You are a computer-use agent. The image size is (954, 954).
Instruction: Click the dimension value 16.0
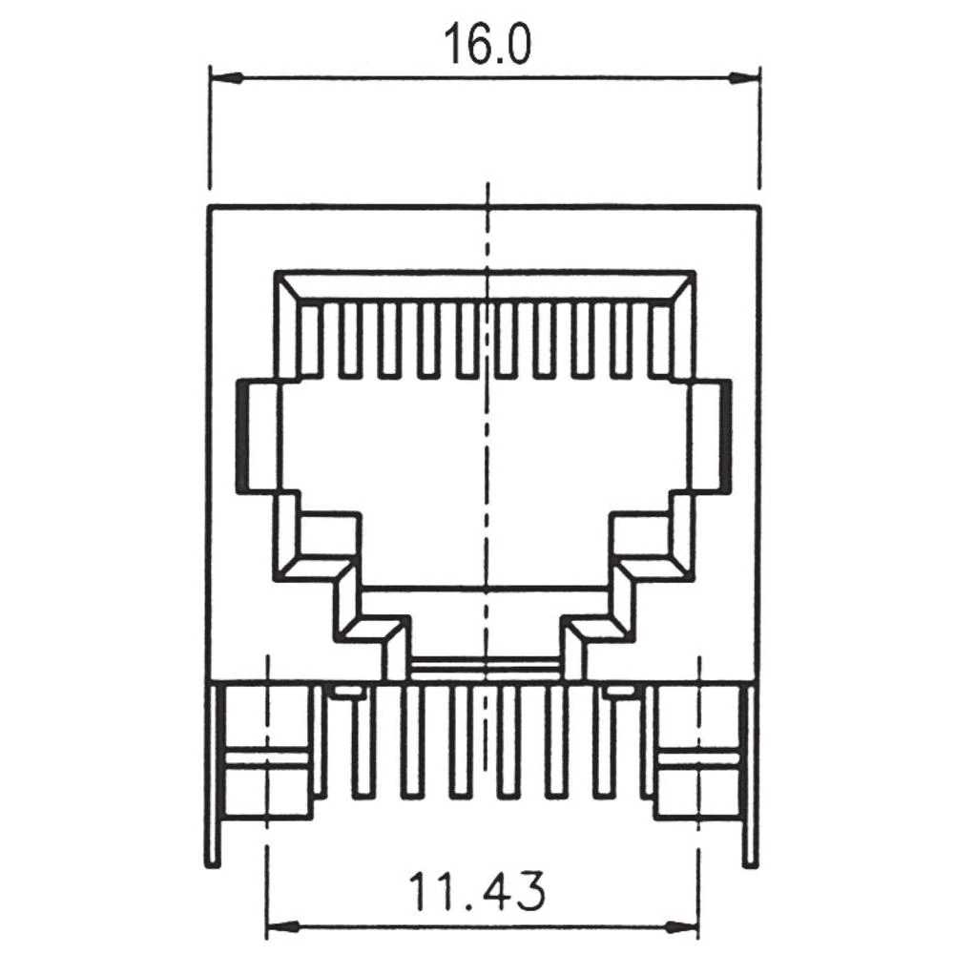487,45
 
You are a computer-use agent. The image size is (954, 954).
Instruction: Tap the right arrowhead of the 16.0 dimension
743,79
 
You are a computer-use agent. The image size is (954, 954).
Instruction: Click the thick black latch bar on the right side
725,436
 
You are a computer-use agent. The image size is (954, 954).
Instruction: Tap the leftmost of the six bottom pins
363,742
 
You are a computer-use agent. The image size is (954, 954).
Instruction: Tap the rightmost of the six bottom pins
605,742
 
